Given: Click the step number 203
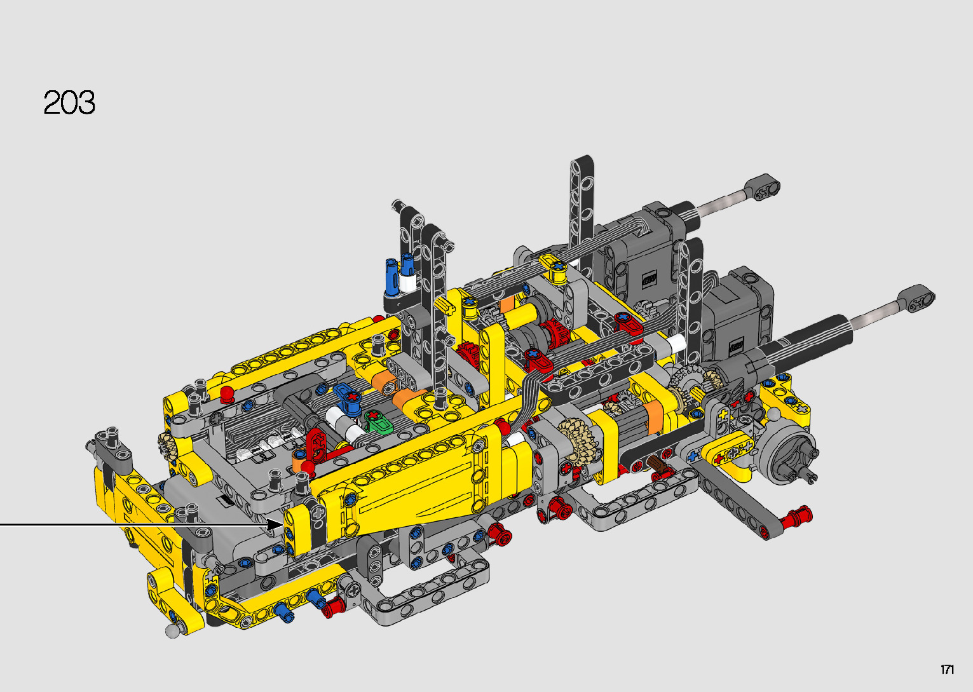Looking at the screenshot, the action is (69, 102).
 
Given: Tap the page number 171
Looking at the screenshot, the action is (948, 669).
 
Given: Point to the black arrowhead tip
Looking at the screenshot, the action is (283, 525).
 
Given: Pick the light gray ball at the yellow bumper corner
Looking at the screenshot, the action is (172, 631).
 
